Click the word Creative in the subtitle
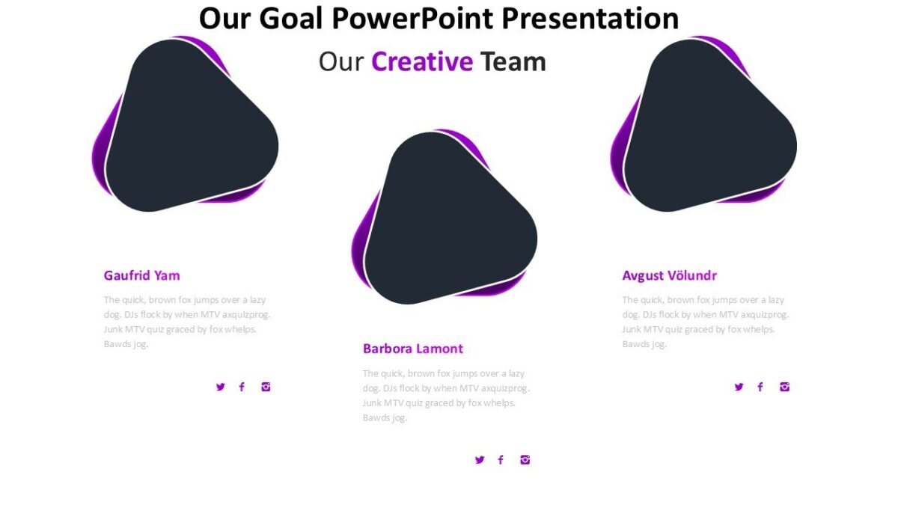point(422,61)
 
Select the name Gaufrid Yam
point(141,275)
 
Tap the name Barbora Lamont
point(412,349)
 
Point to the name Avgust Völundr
point(669,275)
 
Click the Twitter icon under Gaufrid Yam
point(220,387)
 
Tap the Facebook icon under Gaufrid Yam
point(242,387)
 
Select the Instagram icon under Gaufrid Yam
point(266,387)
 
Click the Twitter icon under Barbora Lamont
point(480,460)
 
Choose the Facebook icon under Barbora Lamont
point(501,460)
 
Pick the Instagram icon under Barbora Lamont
point(525,460)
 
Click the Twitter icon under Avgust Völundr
point(739,387)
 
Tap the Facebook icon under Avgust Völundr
point(760,387)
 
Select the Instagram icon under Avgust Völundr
point(784,387)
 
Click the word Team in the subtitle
point(513,61)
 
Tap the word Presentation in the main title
point(589,18)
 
